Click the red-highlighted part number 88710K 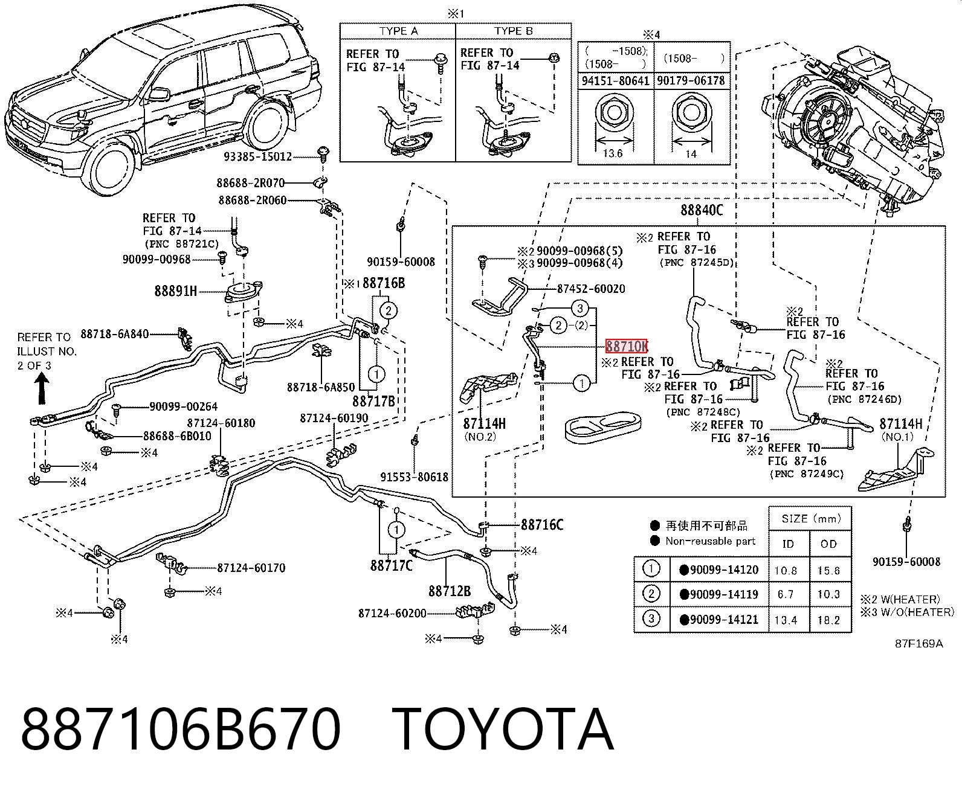(x=626, y=346)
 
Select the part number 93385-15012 (x=257, y=156)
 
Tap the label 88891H (x=175, y=290)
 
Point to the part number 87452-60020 (x=590, y=288)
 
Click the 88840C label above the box (x=702, y=210)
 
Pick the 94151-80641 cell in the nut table (x=615, y=81)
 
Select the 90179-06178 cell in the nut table (x=691, y=80)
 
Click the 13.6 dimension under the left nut (x=613, y=153)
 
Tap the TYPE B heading (x=513, y=31)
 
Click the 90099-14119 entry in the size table (x=724, y=594)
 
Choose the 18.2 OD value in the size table (x=828, y=620)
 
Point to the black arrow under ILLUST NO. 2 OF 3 (x=42, y=388)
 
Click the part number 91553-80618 (x=414, y=477)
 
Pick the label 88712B (x=450, y=591)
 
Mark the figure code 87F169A (x=919, y=644)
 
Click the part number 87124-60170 (x=251, y=568)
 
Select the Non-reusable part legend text (x=710, y=541)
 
